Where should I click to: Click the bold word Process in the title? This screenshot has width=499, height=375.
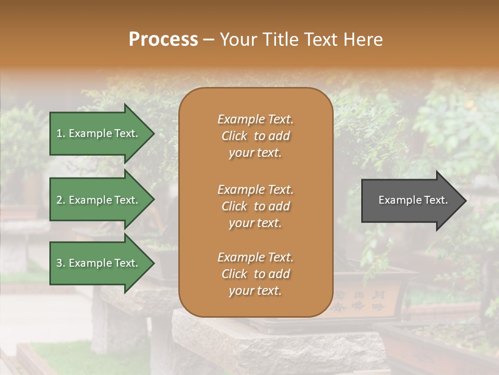[x=163, y=40]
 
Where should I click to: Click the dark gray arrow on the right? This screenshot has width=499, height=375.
[x=411, y=200]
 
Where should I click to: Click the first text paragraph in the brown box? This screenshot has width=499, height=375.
[x=255, y=136]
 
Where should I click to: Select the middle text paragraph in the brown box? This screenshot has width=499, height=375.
[x=255, y=206]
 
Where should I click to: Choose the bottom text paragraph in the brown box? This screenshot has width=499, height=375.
[x=255, y=274]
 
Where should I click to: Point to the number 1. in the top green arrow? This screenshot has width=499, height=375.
[x=60, y=133]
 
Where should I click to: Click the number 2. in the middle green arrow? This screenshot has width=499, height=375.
[x=61, y=200]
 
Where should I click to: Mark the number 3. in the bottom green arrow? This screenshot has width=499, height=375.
[x=61, y=263]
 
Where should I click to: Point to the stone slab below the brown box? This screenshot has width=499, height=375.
[x=281, y=344]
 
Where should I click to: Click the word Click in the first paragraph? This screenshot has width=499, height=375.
[x=234, y=136]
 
